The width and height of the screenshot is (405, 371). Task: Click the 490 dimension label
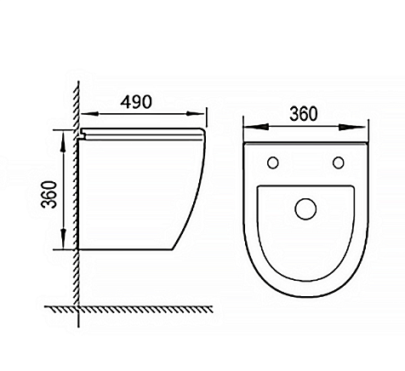136,102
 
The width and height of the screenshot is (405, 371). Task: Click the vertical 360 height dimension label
49,194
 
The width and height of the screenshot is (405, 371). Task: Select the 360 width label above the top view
304,114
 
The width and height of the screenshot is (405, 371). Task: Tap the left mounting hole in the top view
273,163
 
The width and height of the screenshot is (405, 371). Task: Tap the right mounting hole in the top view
339,163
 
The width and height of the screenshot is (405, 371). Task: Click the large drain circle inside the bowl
305,208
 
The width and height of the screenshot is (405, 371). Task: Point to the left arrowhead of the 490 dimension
89,114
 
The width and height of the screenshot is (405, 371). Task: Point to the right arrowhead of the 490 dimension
195,114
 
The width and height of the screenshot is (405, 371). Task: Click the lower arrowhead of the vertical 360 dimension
64,239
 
